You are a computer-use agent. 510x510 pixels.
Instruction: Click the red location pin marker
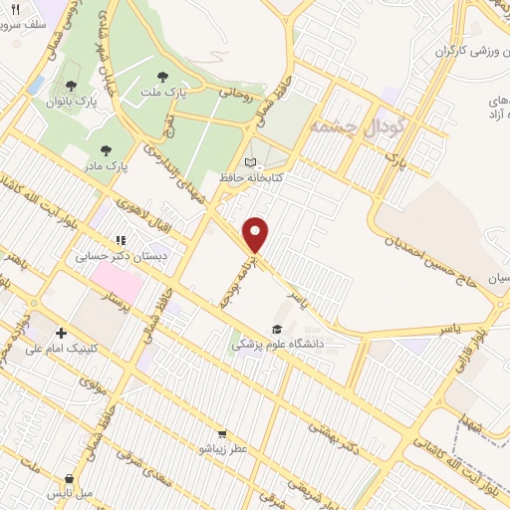click(x=257, y=234)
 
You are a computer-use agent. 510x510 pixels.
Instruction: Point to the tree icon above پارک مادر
click(x=107, y=150)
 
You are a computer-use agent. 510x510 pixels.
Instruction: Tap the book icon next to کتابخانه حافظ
click(x=250, y=162)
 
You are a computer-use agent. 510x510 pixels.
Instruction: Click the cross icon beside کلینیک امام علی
click(x=62, y=333)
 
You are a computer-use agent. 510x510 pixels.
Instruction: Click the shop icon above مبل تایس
click(x=69, y=478)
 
